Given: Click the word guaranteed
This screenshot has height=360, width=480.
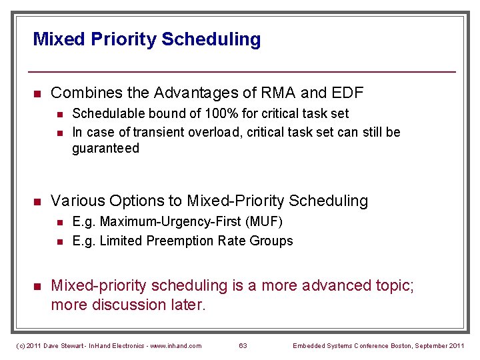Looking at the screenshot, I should coord(105,148).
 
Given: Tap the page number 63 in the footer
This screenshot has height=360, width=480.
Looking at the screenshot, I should coord(243,345).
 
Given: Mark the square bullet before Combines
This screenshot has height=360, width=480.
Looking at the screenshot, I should coord(38,93).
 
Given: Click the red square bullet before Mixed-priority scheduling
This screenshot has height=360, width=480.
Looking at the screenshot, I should coord(38,286).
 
